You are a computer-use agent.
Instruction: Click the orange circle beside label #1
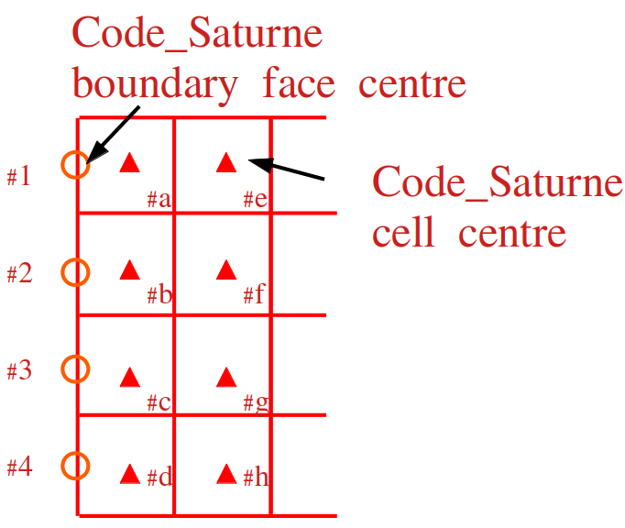pyautogui.click(x=75, y=165)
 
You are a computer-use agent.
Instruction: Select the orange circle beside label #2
pyautogui.click(x=75, y=272)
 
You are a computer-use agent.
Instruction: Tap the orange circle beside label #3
pyautogui.click(x=75, y=368)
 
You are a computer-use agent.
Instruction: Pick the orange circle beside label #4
pyautogui.click(x=75, y=466)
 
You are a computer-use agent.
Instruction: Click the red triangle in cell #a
pyautogui.click(x=130, y=162)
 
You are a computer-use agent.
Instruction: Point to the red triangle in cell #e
pyautogui.click(x=226, y=162)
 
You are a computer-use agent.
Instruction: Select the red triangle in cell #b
pyautogui.click(x=130, y=269)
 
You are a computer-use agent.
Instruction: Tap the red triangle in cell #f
pyautogui.click(x=226, y=269)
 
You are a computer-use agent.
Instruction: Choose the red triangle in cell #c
pyautogui.click(x=130, y=378)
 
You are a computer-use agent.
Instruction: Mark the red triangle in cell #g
pyautogui.click(x=226, y=378)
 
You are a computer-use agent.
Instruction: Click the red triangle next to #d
pyautogui.click(x=130, y=474)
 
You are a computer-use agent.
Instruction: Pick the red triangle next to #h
pyautogui.click(x=226, y=474)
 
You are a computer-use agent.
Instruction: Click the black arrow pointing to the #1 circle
pyautogui.click(x=113, y=135)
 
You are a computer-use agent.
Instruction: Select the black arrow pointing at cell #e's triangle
pyautogui.click(x=286, y=169)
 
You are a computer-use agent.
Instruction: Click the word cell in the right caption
pyautogui.click(x=403, y=232)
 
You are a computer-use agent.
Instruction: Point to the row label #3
pyautogui.click(x=19, y=369)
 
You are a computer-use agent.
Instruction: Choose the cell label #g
pyautogui.click(x=256, y=403)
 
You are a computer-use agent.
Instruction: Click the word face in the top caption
pyautogui.click(x=299, y=82)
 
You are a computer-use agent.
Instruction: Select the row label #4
pyautogui.click(x=19, y=467)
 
